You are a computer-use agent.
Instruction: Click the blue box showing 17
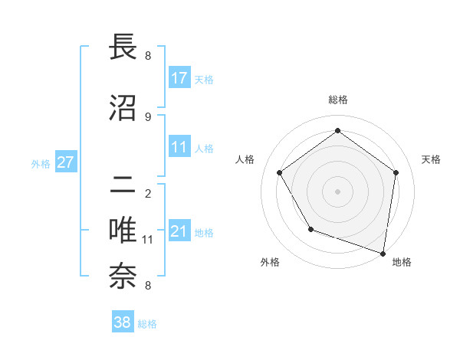point(179,78)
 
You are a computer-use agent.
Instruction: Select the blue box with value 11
point(179,147)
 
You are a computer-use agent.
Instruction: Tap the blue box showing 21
point(179,231)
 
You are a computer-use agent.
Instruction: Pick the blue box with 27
point(65,162)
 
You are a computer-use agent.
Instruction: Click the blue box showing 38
point(123,323)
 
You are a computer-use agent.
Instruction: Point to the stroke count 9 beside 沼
point(148,116)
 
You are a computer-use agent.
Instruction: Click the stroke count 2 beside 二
point(148,193)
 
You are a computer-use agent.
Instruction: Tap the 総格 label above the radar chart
point(337,100)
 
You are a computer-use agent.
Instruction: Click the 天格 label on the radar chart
point(431,159)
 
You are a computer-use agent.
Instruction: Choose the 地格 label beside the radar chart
point(402,262)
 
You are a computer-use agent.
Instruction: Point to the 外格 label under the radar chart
point(270,262)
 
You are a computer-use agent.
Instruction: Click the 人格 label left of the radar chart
point(245,159)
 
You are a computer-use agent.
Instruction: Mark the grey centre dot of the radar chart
point(337,191)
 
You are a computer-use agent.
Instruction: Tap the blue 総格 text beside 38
point(147,324)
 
